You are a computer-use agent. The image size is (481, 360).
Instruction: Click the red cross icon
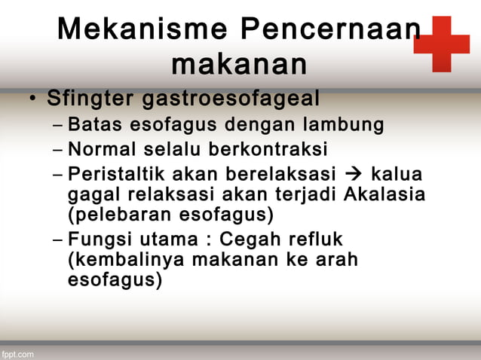[x=442, y=44]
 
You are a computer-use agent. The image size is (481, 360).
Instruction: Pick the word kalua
[x=397, y=175]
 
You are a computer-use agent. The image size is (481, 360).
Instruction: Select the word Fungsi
[x=98, y=240]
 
